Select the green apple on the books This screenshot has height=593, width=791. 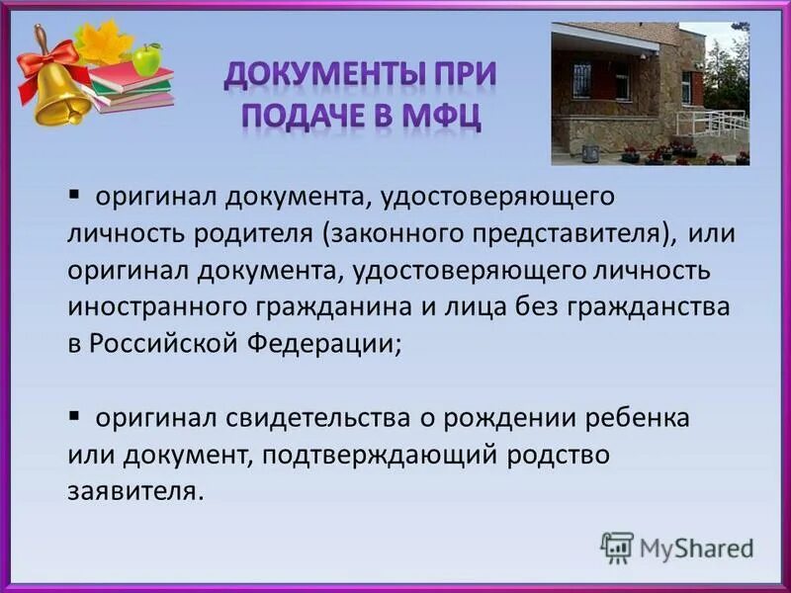click(147, 60)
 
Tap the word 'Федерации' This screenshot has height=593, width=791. click(337, 344)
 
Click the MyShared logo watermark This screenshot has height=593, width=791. click(678, 547)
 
